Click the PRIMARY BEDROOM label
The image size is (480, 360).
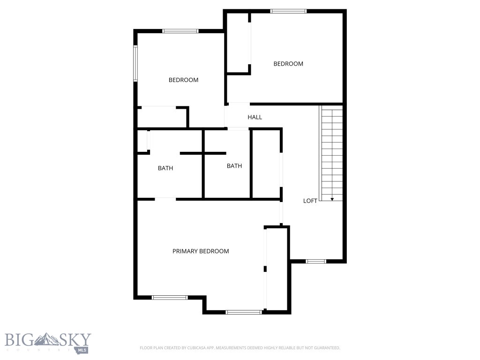tap(201, 251)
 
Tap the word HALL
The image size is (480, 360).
tap(255, 117)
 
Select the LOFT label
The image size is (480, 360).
tap(310, 201)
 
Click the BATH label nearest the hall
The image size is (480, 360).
tap(234, 166)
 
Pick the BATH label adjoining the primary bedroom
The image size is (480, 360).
tap(165, 168)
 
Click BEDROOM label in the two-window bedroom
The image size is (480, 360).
tap(183, 80)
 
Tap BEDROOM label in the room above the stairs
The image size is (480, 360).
tap(288, 64)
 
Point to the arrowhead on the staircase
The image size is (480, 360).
tap(332, 199)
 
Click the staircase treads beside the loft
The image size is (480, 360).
tap(332, 150)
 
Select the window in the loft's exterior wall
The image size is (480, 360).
tap(315, 261)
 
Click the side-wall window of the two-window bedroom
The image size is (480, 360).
tap(135, 63)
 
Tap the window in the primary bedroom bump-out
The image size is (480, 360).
tap(243, 312)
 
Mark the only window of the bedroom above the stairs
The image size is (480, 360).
tap(288, 11)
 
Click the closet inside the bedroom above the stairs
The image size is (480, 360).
tap(238, 42)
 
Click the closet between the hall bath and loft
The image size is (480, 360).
tap(266, 164)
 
